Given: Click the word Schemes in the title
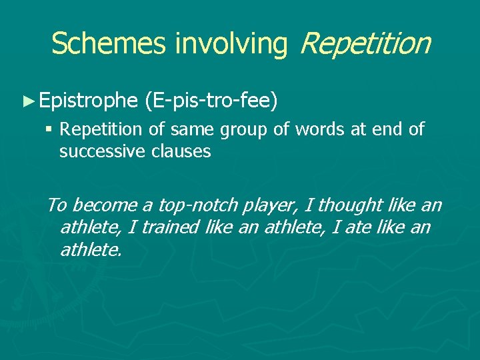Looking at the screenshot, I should click(x=109, y=43).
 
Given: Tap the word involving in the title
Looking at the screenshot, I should click(x=230, y=43).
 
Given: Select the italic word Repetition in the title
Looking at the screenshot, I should click(x=365, y=43).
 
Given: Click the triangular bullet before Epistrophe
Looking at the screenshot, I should click(x=27, y=101).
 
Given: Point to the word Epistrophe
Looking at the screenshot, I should click(x=87, y=101).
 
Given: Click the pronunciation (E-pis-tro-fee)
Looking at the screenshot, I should click(x=210, y=101).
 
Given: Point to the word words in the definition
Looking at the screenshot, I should click(x=311, y=129).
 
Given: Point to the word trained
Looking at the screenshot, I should click(x=171, y=228).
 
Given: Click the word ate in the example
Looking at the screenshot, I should click(x=353, y=228).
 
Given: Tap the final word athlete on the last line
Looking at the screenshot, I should click(x=91, y=250).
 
